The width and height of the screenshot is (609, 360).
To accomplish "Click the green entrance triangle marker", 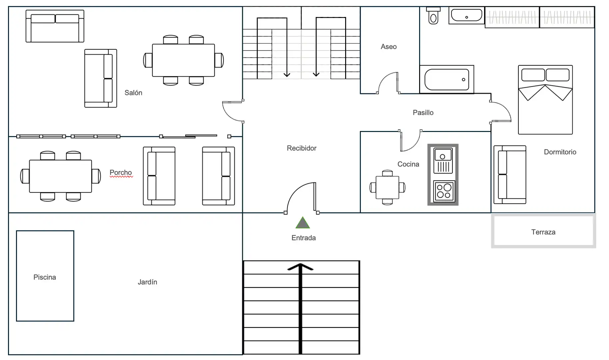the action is [303, 223].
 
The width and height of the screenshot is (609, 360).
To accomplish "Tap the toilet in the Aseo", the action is [433, 16].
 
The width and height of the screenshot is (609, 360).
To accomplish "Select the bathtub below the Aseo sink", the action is [447, 79].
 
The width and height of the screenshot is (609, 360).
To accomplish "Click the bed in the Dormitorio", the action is [545, 100].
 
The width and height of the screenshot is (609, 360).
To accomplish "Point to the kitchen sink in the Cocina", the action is [443, 160].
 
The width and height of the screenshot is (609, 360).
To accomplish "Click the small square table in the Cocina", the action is [387, 187].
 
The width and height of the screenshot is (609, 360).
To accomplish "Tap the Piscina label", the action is [45, 277].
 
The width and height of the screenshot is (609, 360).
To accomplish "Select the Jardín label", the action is [147, 282].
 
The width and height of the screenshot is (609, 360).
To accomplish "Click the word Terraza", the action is [543, 232].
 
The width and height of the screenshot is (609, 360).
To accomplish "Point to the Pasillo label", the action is [423, 113].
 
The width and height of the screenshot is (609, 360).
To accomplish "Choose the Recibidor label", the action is [302, 148].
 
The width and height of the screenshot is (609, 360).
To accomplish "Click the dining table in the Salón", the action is [183, 60].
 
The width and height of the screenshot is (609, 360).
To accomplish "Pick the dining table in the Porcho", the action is [60, 176].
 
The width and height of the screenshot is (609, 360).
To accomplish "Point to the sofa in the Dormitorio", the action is [510, 175].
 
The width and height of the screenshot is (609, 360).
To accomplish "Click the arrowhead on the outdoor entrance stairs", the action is [301, 267].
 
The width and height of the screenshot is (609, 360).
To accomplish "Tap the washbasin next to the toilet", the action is [466, 15].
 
